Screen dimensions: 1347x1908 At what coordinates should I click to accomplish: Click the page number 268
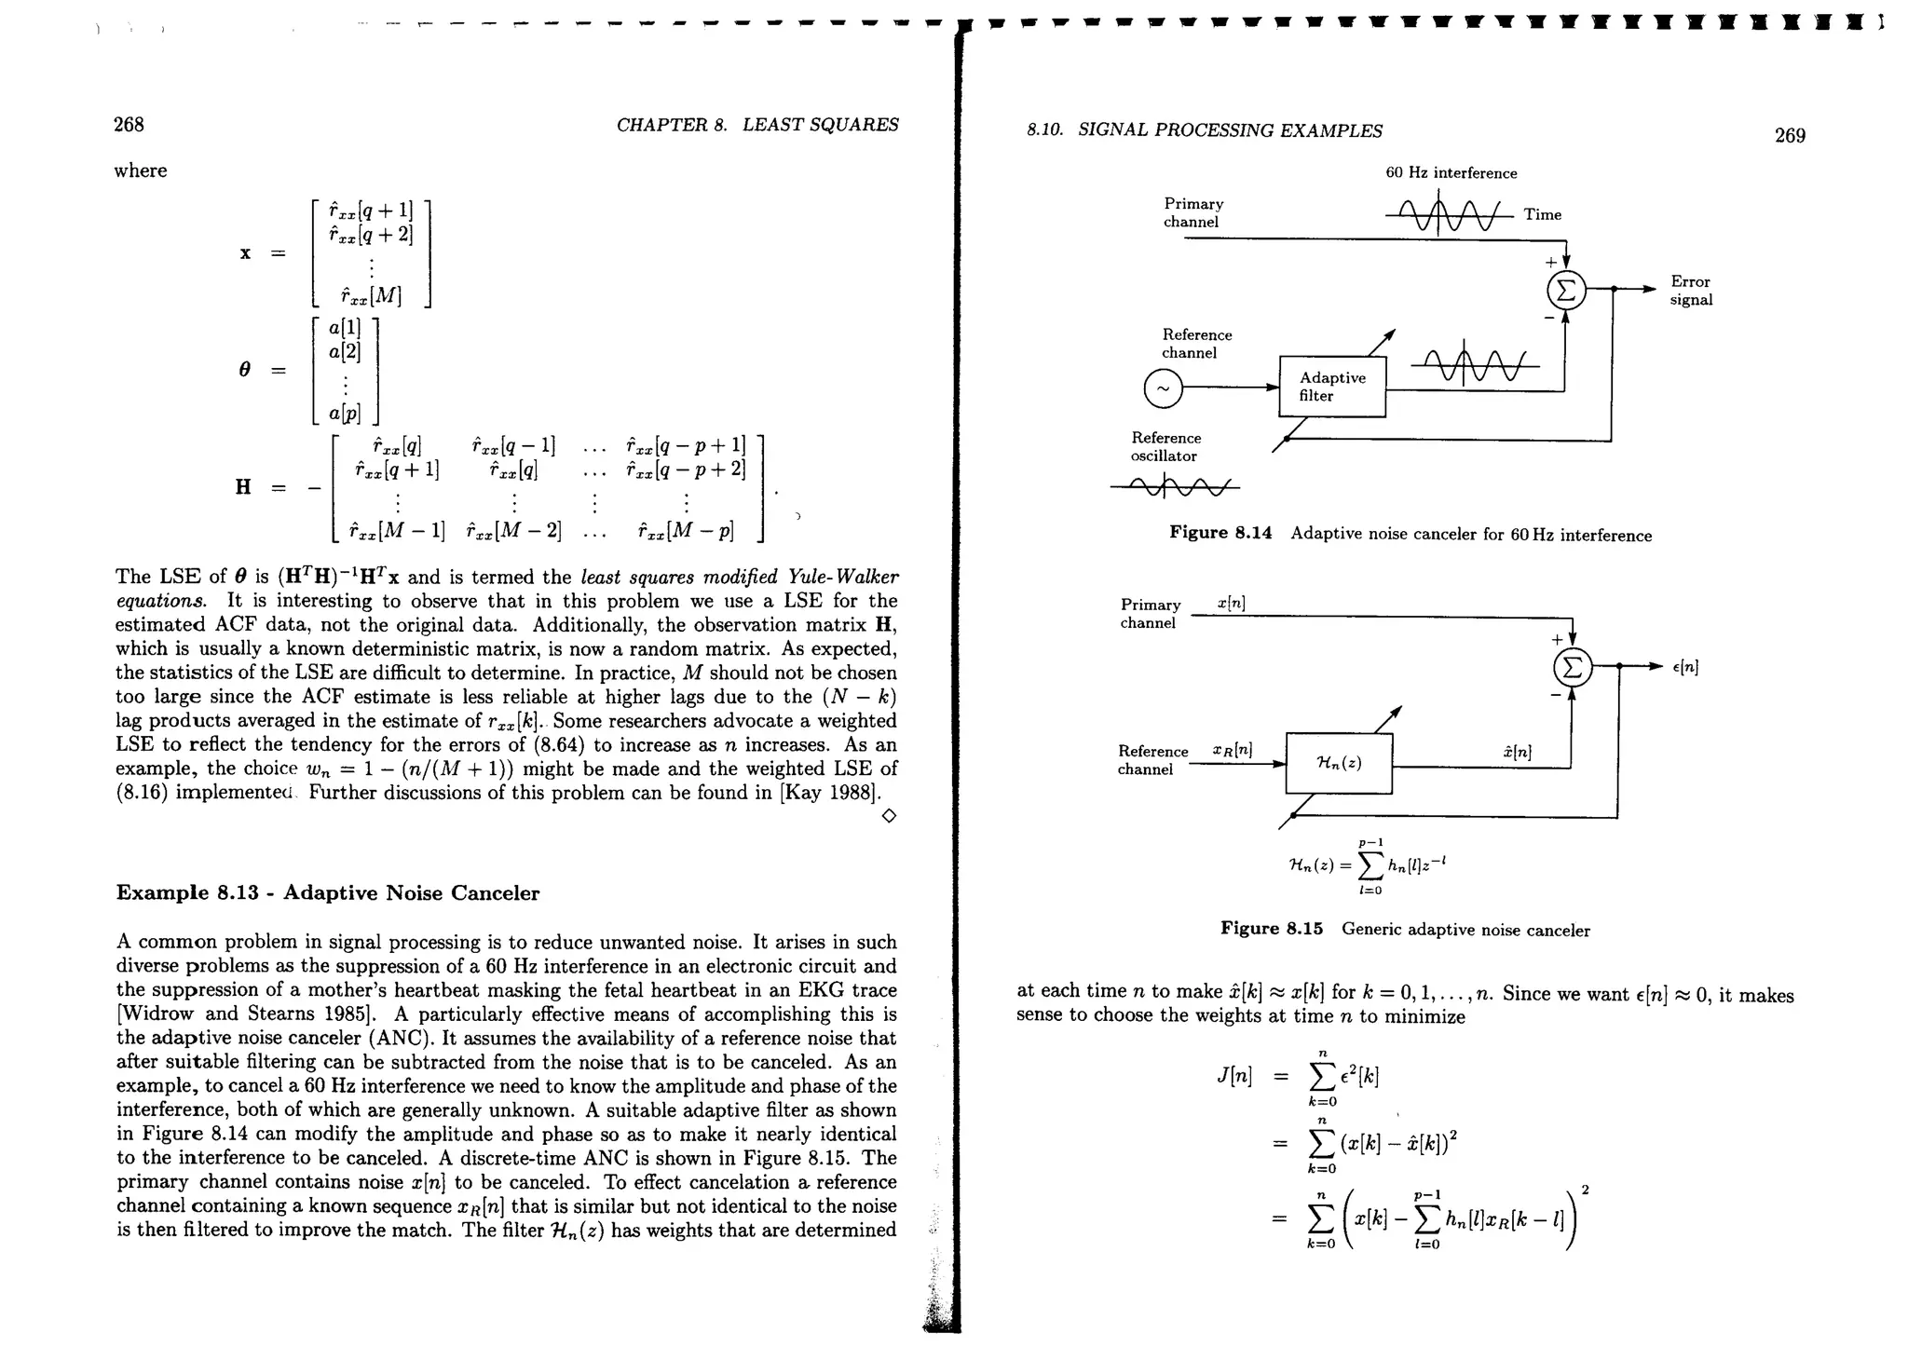129,125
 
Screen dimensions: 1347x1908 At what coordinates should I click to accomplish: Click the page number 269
1790,136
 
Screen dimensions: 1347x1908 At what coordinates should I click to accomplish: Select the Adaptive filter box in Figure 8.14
1332,387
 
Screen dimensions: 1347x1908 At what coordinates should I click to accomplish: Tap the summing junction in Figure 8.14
1566,290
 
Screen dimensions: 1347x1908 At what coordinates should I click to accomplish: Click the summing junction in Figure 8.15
1572,667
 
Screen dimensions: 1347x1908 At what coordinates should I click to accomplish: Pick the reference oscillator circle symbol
1163,388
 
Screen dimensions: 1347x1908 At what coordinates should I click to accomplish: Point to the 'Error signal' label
1691,291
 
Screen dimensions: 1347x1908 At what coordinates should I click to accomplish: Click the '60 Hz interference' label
1451,173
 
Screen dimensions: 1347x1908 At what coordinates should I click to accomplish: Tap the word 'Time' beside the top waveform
1543,215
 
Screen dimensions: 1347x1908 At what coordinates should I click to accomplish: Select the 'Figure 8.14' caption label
1220,534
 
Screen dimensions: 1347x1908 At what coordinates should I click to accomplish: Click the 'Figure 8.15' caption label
1272,930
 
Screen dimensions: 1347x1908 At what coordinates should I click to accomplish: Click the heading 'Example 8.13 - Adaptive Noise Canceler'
328,893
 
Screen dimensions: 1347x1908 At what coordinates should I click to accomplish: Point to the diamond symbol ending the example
889,817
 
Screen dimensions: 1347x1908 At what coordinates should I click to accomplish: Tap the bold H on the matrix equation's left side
243,487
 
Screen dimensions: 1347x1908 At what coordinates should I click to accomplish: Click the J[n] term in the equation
1233,1075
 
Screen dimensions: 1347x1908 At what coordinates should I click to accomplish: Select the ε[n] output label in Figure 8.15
1685,668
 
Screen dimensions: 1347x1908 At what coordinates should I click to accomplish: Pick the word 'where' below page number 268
141,171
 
